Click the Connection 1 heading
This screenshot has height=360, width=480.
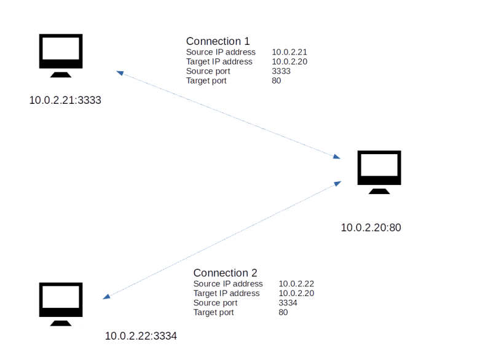tap(218, 42)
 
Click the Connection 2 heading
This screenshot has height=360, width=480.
tap(225, 273)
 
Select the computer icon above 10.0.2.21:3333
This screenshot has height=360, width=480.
tap(61, 56)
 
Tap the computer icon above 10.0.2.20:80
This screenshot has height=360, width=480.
tap(379, 173)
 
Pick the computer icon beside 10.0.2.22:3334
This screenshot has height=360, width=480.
tap(61, 305)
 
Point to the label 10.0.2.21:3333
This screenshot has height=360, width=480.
tap(65, 100)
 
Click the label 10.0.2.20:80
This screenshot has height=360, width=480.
tap(371, 227)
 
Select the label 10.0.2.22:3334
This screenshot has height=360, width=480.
tap(141, 335)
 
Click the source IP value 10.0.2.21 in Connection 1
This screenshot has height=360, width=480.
tap(289, 53)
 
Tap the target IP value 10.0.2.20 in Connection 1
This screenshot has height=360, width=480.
tap(289, 62)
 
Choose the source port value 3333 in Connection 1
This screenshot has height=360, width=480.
tap(281, 71)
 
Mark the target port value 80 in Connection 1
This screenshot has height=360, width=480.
tap(276, 80)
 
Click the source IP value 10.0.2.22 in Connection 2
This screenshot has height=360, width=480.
tap(296, 284)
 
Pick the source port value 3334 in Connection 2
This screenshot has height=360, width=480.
tap(288, 303)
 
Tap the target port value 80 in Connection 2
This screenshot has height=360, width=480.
tap(283, 312)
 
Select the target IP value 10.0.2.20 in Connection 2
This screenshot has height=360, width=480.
tap(296, 293)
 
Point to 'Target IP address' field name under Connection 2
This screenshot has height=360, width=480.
tap(226, 293)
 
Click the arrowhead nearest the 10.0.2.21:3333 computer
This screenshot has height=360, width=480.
tap(120, 73)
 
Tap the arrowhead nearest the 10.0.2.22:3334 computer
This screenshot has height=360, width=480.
tap(106, 297)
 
